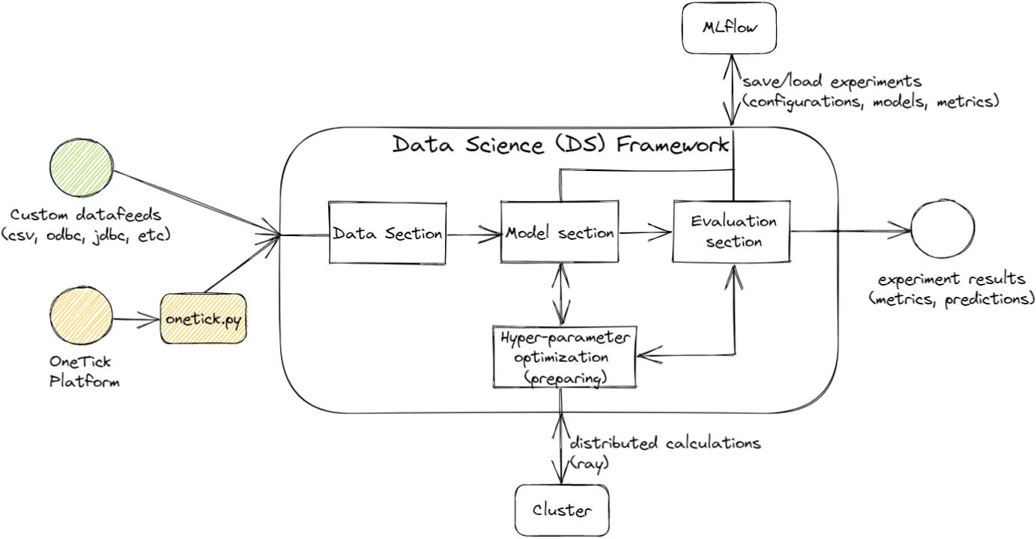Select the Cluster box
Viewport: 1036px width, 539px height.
pyautogui.click(x=561, y=511)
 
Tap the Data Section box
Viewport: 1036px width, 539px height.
pyautogui.click(x=387, y=233)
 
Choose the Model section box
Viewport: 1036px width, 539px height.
pyautogui.click(x=560, y=232)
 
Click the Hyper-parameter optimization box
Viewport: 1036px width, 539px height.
pyautogui.click(x=564, y=357)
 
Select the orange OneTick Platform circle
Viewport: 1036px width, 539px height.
pyautogui.click(x=80, y=318)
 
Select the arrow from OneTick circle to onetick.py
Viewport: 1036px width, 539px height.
pyautogui.click(x=136, y=319)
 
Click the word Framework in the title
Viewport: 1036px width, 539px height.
pyautogui.click(x=671, y=144)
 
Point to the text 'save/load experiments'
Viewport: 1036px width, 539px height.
pyautogui.click(x=831, y=81)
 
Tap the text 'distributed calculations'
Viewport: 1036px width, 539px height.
pyautogui.click(x=666, y=443)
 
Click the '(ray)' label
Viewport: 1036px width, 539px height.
pyautogui.click(x=590, y=463)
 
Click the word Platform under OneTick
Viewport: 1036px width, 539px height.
pyautogui.click(x=84, y=381)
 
